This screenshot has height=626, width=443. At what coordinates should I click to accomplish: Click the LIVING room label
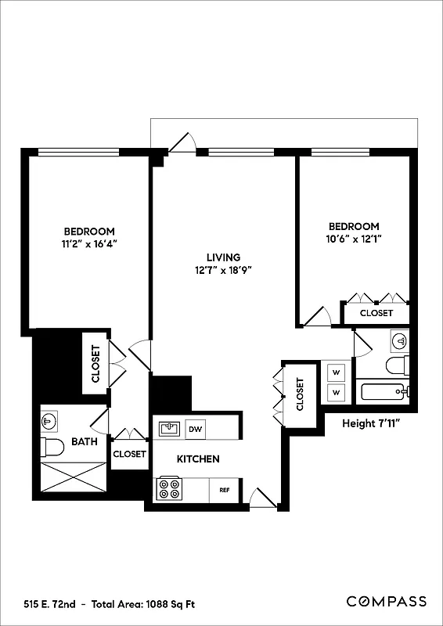pyautogui.click(x=223, y=257)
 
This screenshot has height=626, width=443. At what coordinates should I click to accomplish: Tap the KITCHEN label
pyautogui.click(x=197, y=459)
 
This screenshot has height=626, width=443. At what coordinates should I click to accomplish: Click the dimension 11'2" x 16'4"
pyautogui.click(x=89, y=244)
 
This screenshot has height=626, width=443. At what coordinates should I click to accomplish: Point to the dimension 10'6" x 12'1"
pyautogui.click(x=354, y=239)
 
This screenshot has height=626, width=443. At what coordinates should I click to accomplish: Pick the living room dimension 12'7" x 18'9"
pyautogui.click(x=223, y=271)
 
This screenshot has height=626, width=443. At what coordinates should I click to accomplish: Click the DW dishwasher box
pyautogui.click(x=196, y=429)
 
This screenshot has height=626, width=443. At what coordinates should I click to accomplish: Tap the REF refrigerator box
pyautogui.click(x=224, y=491)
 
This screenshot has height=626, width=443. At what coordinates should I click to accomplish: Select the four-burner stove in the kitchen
pyautogui.click(x=169, y=489)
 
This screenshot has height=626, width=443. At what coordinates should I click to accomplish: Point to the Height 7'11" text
pyautogui.click(x=373, y=424)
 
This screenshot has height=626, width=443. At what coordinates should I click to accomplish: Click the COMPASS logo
pyautogui.click(x=387, y=601)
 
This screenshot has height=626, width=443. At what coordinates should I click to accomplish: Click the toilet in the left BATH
pyautogui.click(x=53, y=448)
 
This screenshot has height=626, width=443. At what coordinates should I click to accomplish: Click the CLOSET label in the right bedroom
pyautogui.click(x=376, y=313)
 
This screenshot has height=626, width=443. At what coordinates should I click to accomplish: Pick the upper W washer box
pyautogui.click(x=336, y=371)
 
